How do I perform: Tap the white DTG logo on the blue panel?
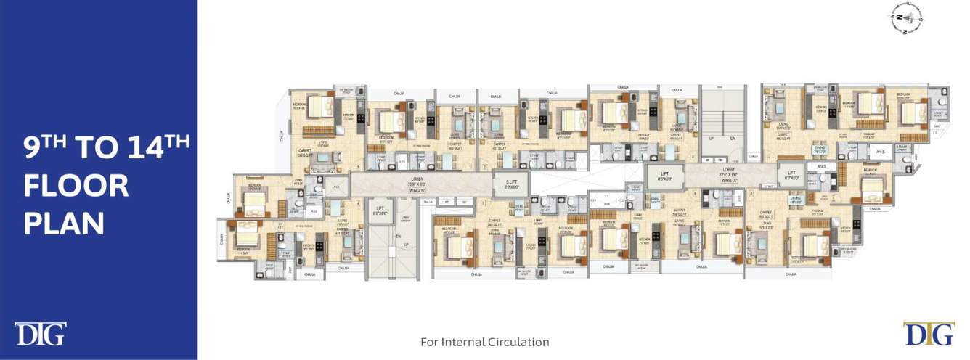[40, 334]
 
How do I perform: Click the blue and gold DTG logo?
[929, 334]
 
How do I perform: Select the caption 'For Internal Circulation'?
[485, 342]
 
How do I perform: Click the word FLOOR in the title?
[76, 187]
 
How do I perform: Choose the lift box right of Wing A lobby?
[790, 175]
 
